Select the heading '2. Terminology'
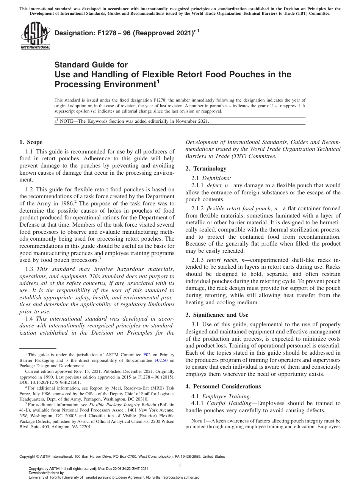(x=206, y=169)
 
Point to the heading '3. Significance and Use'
(x=217, y=315)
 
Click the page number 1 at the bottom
(x=180, y=465)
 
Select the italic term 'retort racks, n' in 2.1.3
(x=225, y=259)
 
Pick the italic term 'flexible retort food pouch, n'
(x=242, y=209)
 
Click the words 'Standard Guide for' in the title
(x=91, y=65)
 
